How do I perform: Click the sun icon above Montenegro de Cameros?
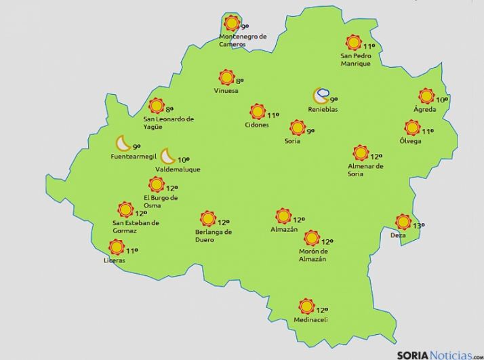pyautogui.click(x=233, y=23)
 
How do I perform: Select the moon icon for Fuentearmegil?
pyautogui.click(x=123, y=143)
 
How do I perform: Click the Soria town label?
pyautogui.click(x=293, y=141)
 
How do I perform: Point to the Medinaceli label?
pyautogui.click(x=310, y=320)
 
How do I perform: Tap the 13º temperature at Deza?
pyautogui.click(x=418, y=226)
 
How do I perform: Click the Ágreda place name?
pyautogui.click(x=426, y=109)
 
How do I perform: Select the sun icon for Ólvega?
pyautogui.click(x=412, y=127)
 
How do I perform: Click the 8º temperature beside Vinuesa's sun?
pyautogui.click(x=239, y=81)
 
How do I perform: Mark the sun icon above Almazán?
pyautogui.click(x=283, y=216)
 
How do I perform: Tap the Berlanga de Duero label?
pyautogui.click(x=214, y=235)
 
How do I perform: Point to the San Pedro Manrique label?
pyautogui.click(x=356, y=60)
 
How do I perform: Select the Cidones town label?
pyautogui.click(x=256, y=125)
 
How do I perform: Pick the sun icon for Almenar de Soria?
pyautogui.click(x=361, y=153)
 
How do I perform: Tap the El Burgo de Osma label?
pyautogui.click(x=160, y=201)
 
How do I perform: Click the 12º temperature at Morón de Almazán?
pyautogui.click(x=327, y=242)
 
